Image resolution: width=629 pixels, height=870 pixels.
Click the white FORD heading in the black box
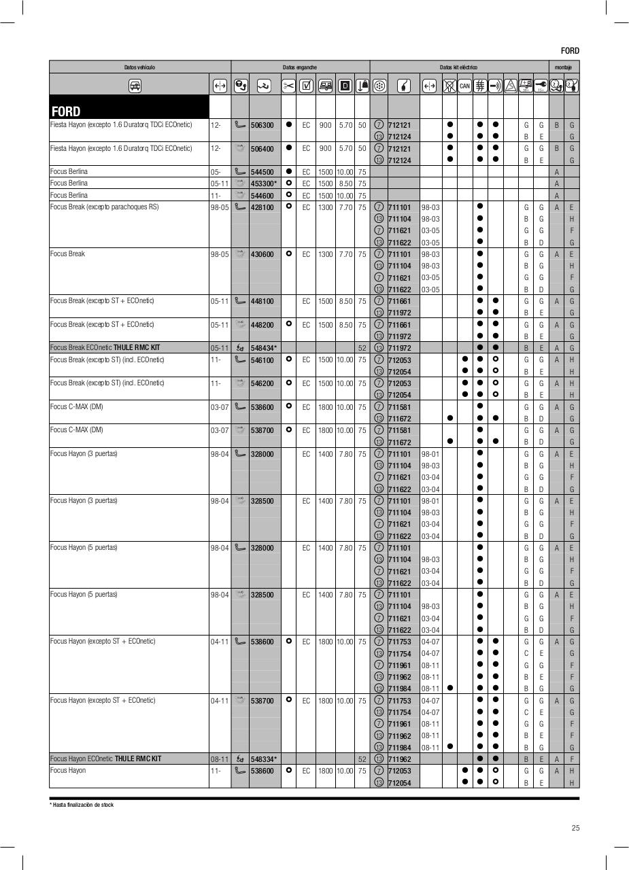click(66, 111)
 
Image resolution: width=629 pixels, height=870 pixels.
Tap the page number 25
click(575, 828)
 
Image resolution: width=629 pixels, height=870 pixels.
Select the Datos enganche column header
click(300, 67)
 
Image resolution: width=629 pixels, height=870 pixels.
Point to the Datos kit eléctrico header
click(458, 67)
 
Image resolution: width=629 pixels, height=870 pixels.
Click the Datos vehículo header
click(139, 67)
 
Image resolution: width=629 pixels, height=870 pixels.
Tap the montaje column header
click(563, 67)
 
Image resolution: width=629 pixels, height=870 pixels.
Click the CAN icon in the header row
click(464, 86)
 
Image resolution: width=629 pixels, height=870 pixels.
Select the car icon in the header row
click(135, 86)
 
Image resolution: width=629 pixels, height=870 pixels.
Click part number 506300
click(262, 125)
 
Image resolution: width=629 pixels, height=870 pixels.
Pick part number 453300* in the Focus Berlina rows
click(264, 184)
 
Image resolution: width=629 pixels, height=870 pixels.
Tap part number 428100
click(262, 207)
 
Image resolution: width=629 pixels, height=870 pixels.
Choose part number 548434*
click(264, 348)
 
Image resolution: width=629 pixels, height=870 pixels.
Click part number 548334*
click(264, 759)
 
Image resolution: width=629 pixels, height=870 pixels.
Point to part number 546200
click(262, 383)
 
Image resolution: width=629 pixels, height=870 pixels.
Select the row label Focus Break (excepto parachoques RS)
click(104, 207)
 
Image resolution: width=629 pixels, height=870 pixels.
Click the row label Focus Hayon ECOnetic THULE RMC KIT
click(106, 759)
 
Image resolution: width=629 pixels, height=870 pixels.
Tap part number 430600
click(262, 254)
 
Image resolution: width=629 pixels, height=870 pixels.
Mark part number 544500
click(262, 172)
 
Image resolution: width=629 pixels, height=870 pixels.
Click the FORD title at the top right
click(570, 51)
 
